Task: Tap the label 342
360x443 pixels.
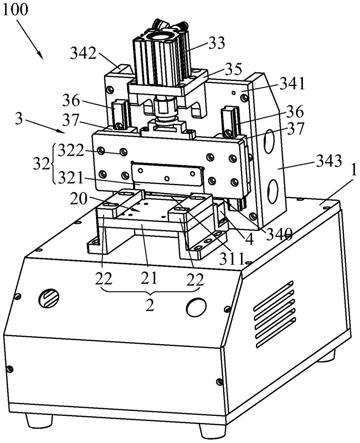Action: (83, 53)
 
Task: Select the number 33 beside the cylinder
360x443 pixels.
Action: (217, 43)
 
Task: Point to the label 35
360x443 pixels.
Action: (233, 69)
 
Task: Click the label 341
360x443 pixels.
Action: (292, 84)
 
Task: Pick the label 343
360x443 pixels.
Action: (329, 161)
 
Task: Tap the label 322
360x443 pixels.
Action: (71, 151)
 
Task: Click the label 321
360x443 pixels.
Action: (70, 178)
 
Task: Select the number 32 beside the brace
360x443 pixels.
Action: (41, 164)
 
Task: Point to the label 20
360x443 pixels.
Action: (79, 199)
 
